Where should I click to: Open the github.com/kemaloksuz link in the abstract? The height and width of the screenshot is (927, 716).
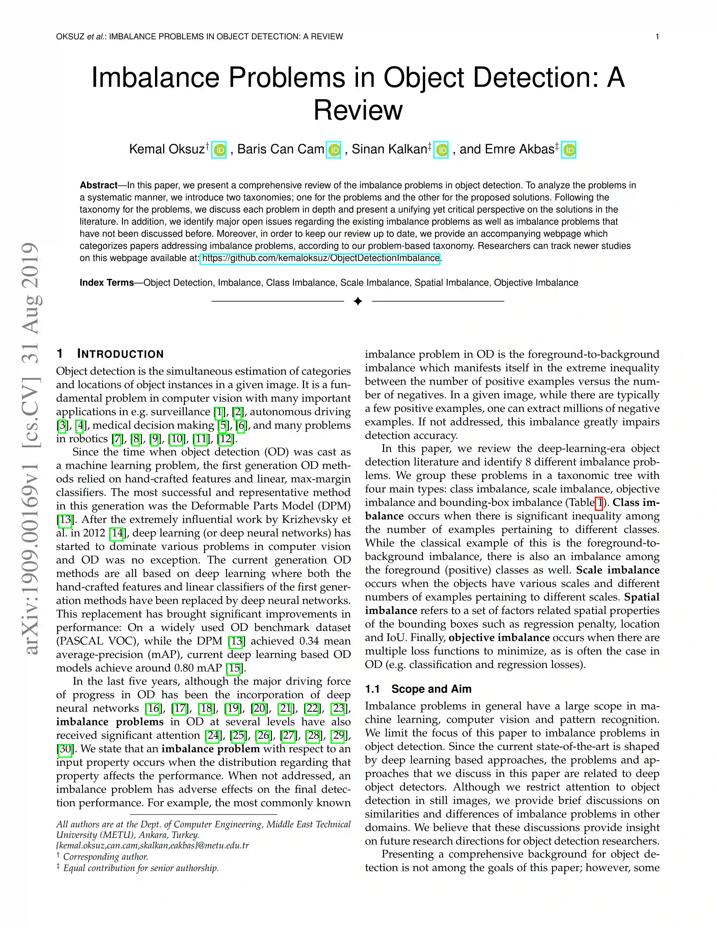(x=320, y=258)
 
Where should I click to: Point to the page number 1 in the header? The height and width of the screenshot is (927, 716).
(x=657, y=37)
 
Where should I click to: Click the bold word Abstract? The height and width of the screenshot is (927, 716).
(x=98, y=185)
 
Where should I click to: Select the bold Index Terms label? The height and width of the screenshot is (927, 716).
(x=106, y=283)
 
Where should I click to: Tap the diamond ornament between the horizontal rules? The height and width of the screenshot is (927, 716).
(x=357, y=301)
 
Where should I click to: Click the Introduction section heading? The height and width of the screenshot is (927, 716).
(x=120, y=354)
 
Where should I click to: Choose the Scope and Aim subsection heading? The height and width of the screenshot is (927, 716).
(x=431, y=689)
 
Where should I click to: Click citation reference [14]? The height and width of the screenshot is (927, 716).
(x=116, y=533)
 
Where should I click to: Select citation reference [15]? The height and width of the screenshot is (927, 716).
(x=234, y=668)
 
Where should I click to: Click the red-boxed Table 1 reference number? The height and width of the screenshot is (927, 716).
(x=599, y=503)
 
